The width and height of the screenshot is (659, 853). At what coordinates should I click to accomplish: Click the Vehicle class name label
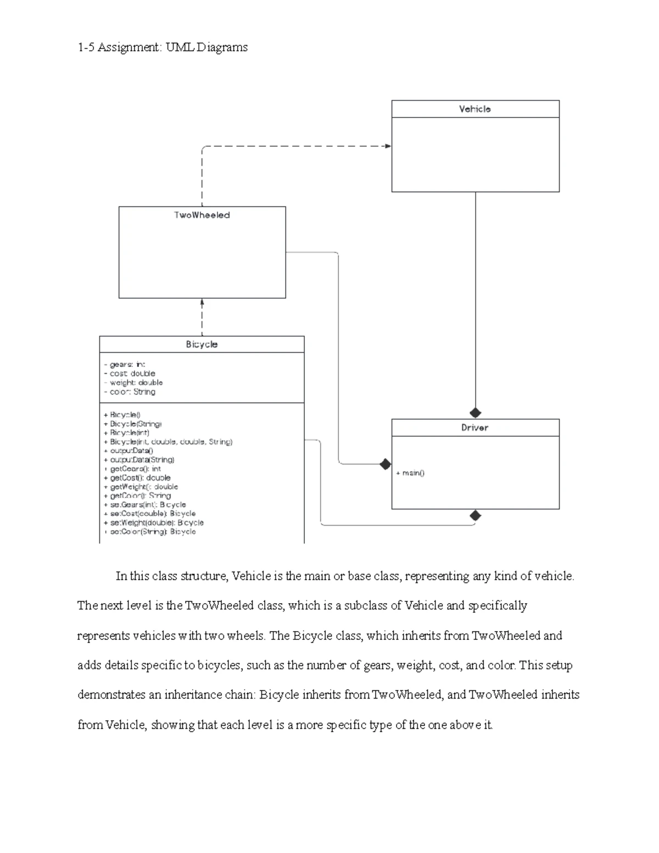(475, 109)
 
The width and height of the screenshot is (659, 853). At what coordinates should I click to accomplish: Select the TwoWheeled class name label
(202, 215)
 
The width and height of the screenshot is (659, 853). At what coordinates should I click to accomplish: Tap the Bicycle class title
(202, 344)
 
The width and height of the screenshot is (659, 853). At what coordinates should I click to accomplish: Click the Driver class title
(475, 428)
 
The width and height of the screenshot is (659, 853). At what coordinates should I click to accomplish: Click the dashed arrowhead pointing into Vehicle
(388, 146)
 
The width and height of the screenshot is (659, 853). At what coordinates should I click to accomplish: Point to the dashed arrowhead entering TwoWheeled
(202, 302)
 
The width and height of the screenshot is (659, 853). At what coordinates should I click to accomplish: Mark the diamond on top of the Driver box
(475, 413)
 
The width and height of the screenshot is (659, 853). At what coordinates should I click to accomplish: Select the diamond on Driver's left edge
(386, 464)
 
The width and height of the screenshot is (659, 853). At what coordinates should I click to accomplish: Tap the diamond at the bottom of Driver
(475, 515)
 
